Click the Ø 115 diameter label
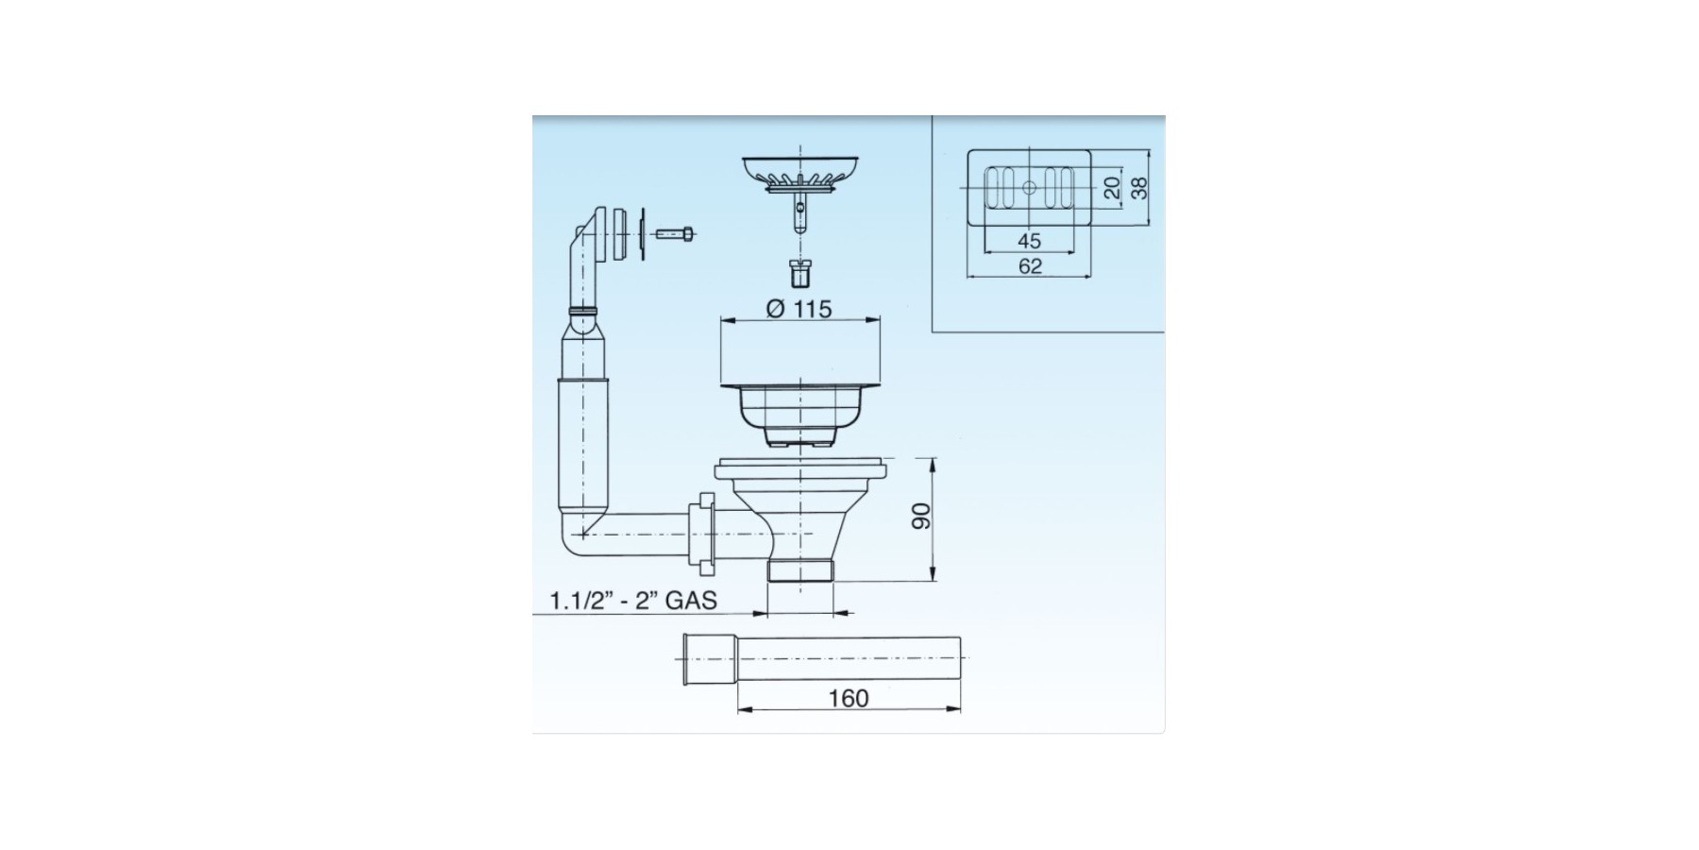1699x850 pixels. pos(799,309)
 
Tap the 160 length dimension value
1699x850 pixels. pos(848,698)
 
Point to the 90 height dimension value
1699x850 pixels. pos(921,516)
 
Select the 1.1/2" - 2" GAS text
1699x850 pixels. pos(633,600)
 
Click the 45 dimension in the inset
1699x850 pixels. pos(1029,241)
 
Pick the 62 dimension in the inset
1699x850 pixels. pos(1030,266)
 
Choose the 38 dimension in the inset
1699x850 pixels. pos(1140,187)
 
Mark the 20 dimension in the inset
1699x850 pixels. pos(1112,187)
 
